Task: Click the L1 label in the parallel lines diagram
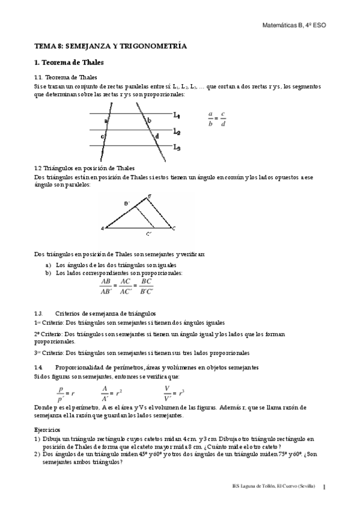pos(177,115)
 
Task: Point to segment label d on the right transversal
pos(157,137)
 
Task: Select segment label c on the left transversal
pos(103,137)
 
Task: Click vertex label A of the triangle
pos(103,229)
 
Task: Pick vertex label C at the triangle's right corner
pos(174,229)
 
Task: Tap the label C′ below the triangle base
pos(148,235)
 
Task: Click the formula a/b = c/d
pos(216,120)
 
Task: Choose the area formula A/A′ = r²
pos(111,393)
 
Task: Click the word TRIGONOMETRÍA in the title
pos(154,46)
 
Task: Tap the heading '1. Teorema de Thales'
pos(69,62)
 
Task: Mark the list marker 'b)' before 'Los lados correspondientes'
pos(48,272)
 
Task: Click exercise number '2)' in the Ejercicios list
pos(37,455)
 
